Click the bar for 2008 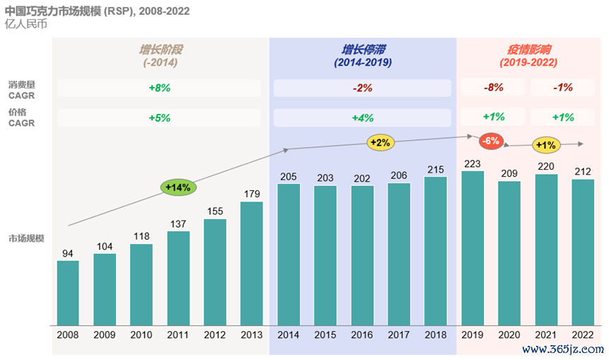click(x=68, y=293)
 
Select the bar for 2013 click(x=252, y=263)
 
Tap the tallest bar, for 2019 click(x=472, y=248)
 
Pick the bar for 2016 click(x=362, y=255)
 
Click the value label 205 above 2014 click(x=289, y=177)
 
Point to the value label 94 click(x=68, y=254)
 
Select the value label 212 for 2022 click(x=583, y=172)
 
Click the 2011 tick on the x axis click(x=178, y=335)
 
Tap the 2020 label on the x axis click(x=509, y=335)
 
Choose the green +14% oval click(x=178, y=187)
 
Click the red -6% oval click(x=491, y=141)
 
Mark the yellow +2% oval click(x=381, y=142)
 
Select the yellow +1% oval click(x=546, y=145)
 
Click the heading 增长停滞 click(x=363, y=50)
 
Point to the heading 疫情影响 click(x=528, y=50)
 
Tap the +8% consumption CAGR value click(x=159, y=88)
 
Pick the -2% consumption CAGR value click(x=362, y=88)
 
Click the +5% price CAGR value click(x=159, y=118)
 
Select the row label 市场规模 click(x=26, y=238)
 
